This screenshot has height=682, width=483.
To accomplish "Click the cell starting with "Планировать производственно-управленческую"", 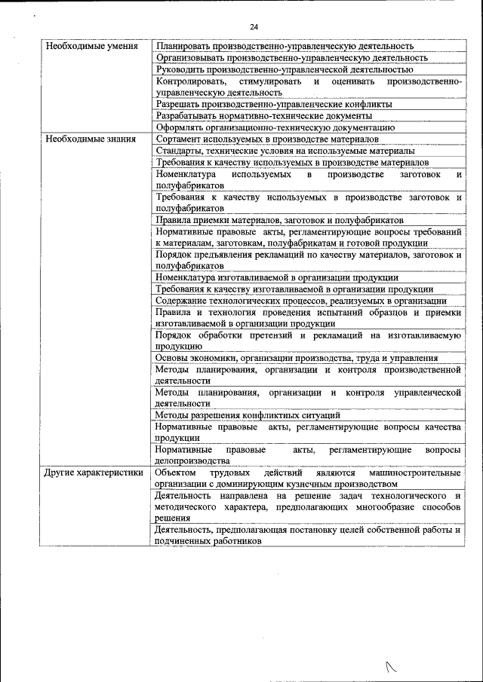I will (285, 46).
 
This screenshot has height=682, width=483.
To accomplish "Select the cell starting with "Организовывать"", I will (291, 57).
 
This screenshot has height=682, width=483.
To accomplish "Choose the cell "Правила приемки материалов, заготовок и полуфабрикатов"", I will (278, 219).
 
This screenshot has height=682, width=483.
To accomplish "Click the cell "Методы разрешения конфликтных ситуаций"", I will (248, 414).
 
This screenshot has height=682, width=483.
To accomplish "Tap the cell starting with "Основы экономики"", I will (296, 358).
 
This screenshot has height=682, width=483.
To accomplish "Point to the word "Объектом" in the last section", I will (174, 473).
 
